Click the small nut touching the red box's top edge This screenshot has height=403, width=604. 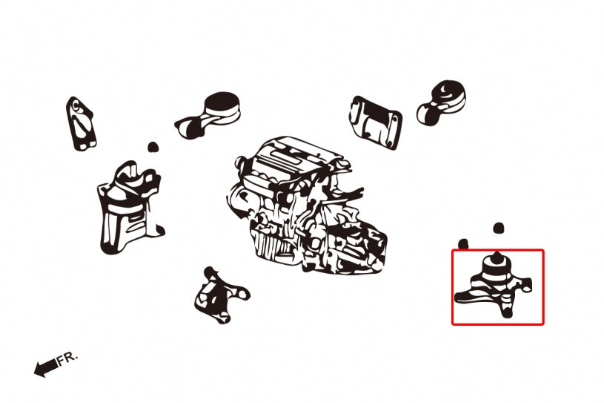[x=464, y=244]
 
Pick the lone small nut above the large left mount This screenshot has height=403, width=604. [x=153, y=147]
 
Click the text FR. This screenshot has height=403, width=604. [x=67, y=358]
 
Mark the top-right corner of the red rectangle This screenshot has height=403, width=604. [x=542, y=250]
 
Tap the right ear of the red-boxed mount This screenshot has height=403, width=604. [x=528, y=283]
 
